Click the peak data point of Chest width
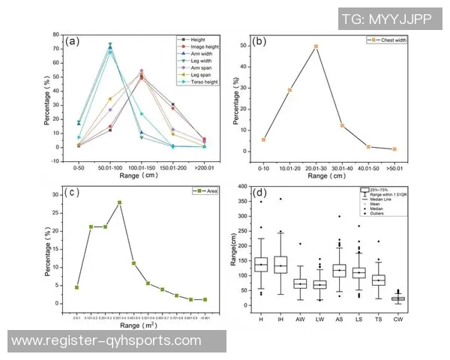pos(316,46)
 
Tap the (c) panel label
pos(72,193)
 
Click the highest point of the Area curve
pos(119,202)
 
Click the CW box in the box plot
pos(419,298)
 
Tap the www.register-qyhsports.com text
pos(107,341)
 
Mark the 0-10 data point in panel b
pos(263,139)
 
